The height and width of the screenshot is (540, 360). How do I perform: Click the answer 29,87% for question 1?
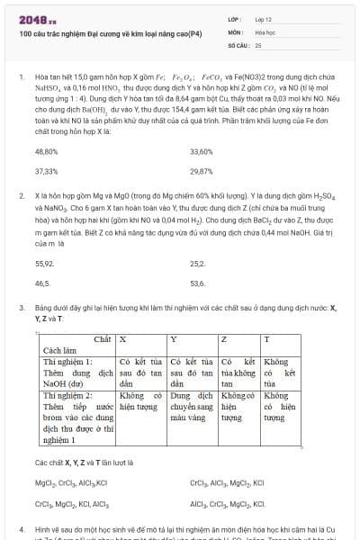[x=202, y=171]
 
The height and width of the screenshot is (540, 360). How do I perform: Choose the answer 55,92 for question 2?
[x=44, y=265]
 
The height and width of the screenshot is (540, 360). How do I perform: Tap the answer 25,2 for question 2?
[x=198, y=265]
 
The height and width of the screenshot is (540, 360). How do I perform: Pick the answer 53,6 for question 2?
[x=198, y=283]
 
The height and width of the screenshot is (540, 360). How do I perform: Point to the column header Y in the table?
[x=174, y=338]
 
